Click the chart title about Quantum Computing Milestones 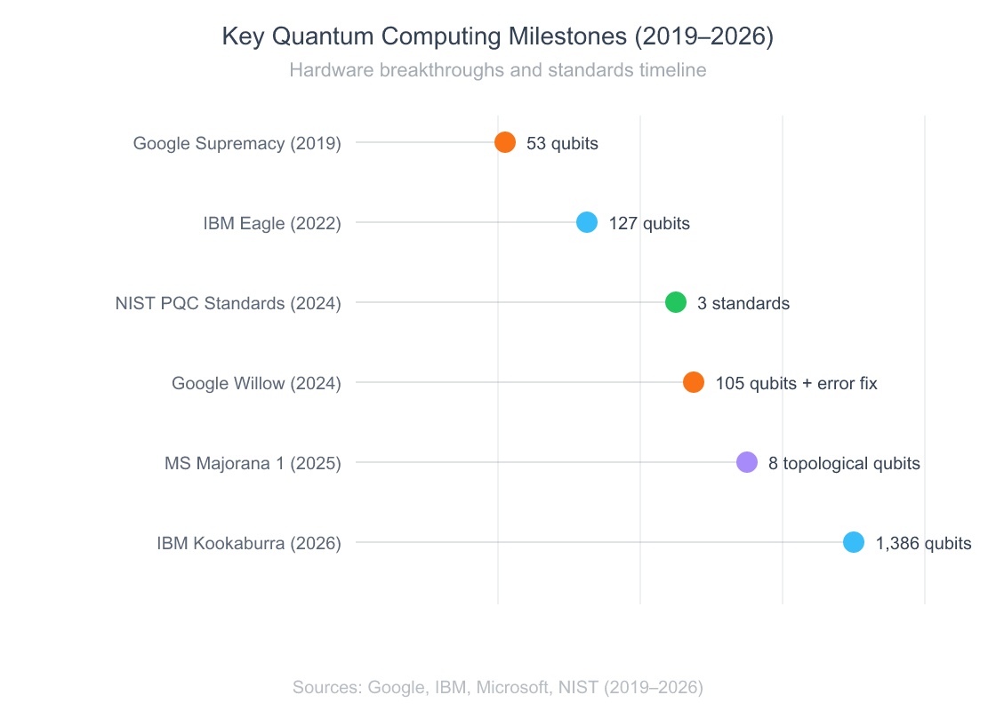coord(498,36)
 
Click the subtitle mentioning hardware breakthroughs coord(498,70)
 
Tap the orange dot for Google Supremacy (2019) coord(505,142)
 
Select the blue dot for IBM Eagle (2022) coord(587,222)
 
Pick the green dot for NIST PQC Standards coord(676,302)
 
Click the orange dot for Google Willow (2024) coord(694,382)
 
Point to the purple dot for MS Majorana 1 coord(747,462)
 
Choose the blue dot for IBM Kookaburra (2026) coord(854,542)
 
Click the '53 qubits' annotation coord(562,143)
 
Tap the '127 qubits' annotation coord(649,223)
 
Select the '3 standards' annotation coord(743,303)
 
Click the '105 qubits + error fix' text coord(796,383)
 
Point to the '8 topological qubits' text coord(844,463)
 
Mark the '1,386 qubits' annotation coord(923,543)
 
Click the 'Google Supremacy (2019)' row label coord(237,143)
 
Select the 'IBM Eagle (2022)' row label coord(272,223)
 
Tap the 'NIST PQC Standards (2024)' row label coord(229,303)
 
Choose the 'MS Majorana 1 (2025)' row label coord(253,463)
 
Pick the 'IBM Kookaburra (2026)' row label coord(249,543)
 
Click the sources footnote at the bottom coord(498,687)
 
